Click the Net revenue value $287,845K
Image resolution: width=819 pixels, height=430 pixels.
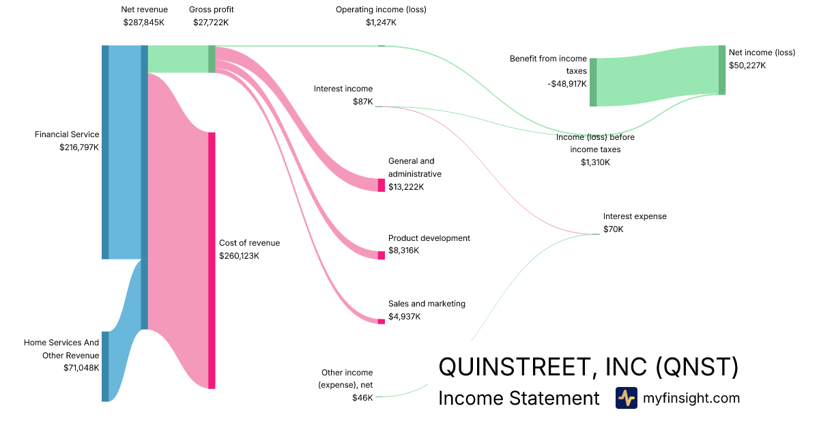click(x=144, y=23)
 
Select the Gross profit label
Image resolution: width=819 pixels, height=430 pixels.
click(x=211, y=10)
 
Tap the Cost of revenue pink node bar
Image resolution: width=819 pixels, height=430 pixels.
click(x=212, y=260)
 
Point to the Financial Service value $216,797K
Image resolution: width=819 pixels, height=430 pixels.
click(x=79, y=147)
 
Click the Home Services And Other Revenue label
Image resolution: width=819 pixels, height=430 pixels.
click(x=61, y=349)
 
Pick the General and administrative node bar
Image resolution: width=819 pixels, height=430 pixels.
click(x=382, y=185)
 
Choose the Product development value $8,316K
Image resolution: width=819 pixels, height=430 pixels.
click(x=403, y=250)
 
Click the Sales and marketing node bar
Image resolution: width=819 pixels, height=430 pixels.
click(x=382, y=321)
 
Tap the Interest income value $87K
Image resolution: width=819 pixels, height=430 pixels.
click(x=362, y=102)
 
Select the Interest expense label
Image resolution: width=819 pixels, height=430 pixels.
click(x=635, y=216)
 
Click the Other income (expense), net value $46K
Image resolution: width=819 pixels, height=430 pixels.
click(x=362, y=398)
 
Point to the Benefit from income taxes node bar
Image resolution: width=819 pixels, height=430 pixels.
click(x=593, y=83)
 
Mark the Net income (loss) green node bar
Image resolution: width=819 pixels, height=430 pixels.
click(x=722, y=70)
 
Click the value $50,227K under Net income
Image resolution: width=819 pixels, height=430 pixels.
click(x=747, y=66)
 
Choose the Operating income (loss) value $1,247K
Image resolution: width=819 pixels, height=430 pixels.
click(x=381, y=23)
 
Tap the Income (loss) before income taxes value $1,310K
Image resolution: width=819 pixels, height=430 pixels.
click(x=595, y=162)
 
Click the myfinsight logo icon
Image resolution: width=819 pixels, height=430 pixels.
click(x=626, y=398)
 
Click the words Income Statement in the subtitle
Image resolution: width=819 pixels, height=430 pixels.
click(x=519, y=398)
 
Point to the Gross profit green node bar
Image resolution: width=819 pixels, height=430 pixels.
click(x=212, y=59)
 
